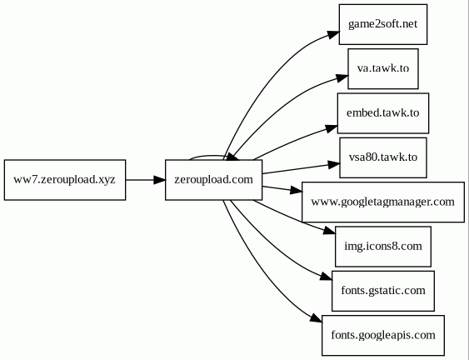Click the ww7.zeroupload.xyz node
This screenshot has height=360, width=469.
point(65,180)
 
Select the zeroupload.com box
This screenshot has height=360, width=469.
point(214,180)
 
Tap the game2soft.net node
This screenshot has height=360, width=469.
point(383,24)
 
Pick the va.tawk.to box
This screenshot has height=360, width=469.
point(383,69)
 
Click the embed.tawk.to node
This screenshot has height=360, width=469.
point(383,113)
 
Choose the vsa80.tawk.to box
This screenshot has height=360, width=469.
point(383,157)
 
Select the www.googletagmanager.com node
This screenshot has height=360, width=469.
point(383,202)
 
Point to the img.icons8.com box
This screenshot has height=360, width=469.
point(383,247)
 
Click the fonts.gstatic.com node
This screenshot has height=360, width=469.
point(383,291)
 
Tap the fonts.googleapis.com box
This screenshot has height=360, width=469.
point(383,335)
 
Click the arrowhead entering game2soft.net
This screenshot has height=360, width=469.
point(333,34)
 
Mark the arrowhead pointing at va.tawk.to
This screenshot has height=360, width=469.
point(342,77)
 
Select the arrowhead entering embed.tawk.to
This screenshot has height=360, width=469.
point(332,128)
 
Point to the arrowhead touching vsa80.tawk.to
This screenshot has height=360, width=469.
point(334,165)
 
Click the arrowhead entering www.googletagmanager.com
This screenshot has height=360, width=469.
point(297,190)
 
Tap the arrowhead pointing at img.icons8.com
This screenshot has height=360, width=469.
point(330,231)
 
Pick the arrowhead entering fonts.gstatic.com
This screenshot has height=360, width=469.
point(326,277)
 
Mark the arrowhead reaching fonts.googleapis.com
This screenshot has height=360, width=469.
point(317,318)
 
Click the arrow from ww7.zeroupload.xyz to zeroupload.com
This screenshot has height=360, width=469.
point(146,180)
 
